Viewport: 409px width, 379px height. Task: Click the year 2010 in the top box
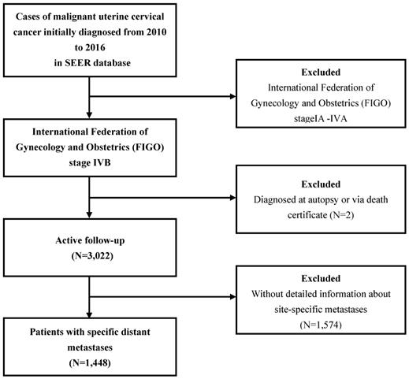click(x=156, y=32)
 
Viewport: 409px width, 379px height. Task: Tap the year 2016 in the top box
click(x=95, y=47)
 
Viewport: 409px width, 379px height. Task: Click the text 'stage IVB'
click(x=90, y=162)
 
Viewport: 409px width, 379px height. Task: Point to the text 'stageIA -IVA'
click(x=321, y=118)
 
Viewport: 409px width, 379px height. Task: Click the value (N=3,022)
click(x=92, y=255)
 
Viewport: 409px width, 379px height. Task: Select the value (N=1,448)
click(x=90, y=362)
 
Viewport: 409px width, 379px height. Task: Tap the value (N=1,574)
click(x=321, y=325)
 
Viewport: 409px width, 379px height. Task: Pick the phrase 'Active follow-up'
click(x=90, y=240)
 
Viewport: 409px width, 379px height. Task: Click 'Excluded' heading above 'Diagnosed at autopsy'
click(x=321, y=184)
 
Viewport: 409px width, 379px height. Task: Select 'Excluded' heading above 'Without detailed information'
click(x=321, y=278)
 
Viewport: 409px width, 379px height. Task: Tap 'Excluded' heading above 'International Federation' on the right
click(x=321, y=72)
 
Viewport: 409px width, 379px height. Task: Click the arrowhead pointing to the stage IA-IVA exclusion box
click(x=233, y=96)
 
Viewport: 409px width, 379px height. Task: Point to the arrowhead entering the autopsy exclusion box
click(x=233, y=198)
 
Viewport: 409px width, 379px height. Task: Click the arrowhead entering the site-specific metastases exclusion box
click(x=233, y=297)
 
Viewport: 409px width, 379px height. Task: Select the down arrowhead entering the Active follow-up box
click(x=89, y=215)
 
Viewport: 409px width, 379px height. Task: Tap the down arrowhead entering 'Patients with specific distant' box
click(x=89, y=314)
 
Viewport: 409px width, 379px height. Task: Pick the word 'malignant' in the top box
click(x=70, y=17)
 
